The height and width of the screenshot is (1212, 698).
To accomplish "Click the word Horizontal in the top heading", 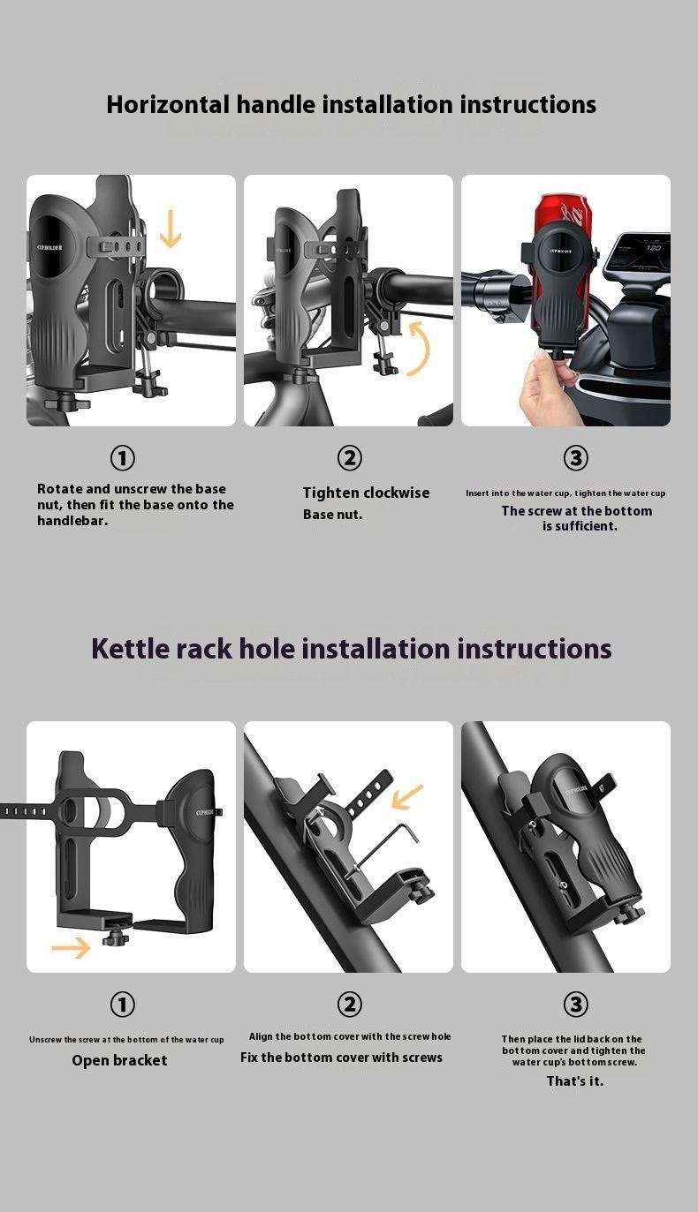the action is (168, 104).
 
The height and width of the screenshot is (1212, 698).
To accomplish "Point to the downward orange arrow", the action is (170, 229).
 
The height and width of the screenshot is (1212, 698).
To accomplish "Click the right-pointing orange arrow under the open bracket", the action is (71, 947).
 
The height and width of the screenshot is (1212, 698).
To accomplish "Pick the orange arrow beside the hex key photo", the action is (406, 796).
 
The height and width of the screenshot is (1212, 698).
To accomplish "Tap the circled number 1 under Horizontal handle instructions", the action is (123, 458).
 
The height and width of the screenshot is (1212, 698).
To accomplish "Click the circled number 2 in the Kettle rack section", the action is (349, 1005).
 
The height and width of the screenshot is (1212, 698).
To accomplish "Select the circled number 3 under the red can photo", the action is (575, 458).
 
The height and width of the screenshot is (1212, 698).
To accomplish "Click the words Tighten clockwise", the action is (366, 493).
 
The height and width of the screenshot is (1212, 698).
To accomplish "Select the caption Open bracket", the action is (119, 1060).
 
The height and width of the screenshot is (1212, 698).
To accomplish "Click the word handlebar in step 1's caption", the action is (72, 521).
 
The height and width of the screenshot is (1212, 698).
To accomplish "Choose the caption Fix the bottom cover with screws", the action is (342, 1058).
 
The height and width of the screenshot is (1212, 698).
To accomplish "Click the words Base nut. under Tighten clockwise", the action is (332, 515).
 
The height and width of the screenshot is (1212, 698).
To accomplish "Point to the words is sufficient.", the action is (580, 526).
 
